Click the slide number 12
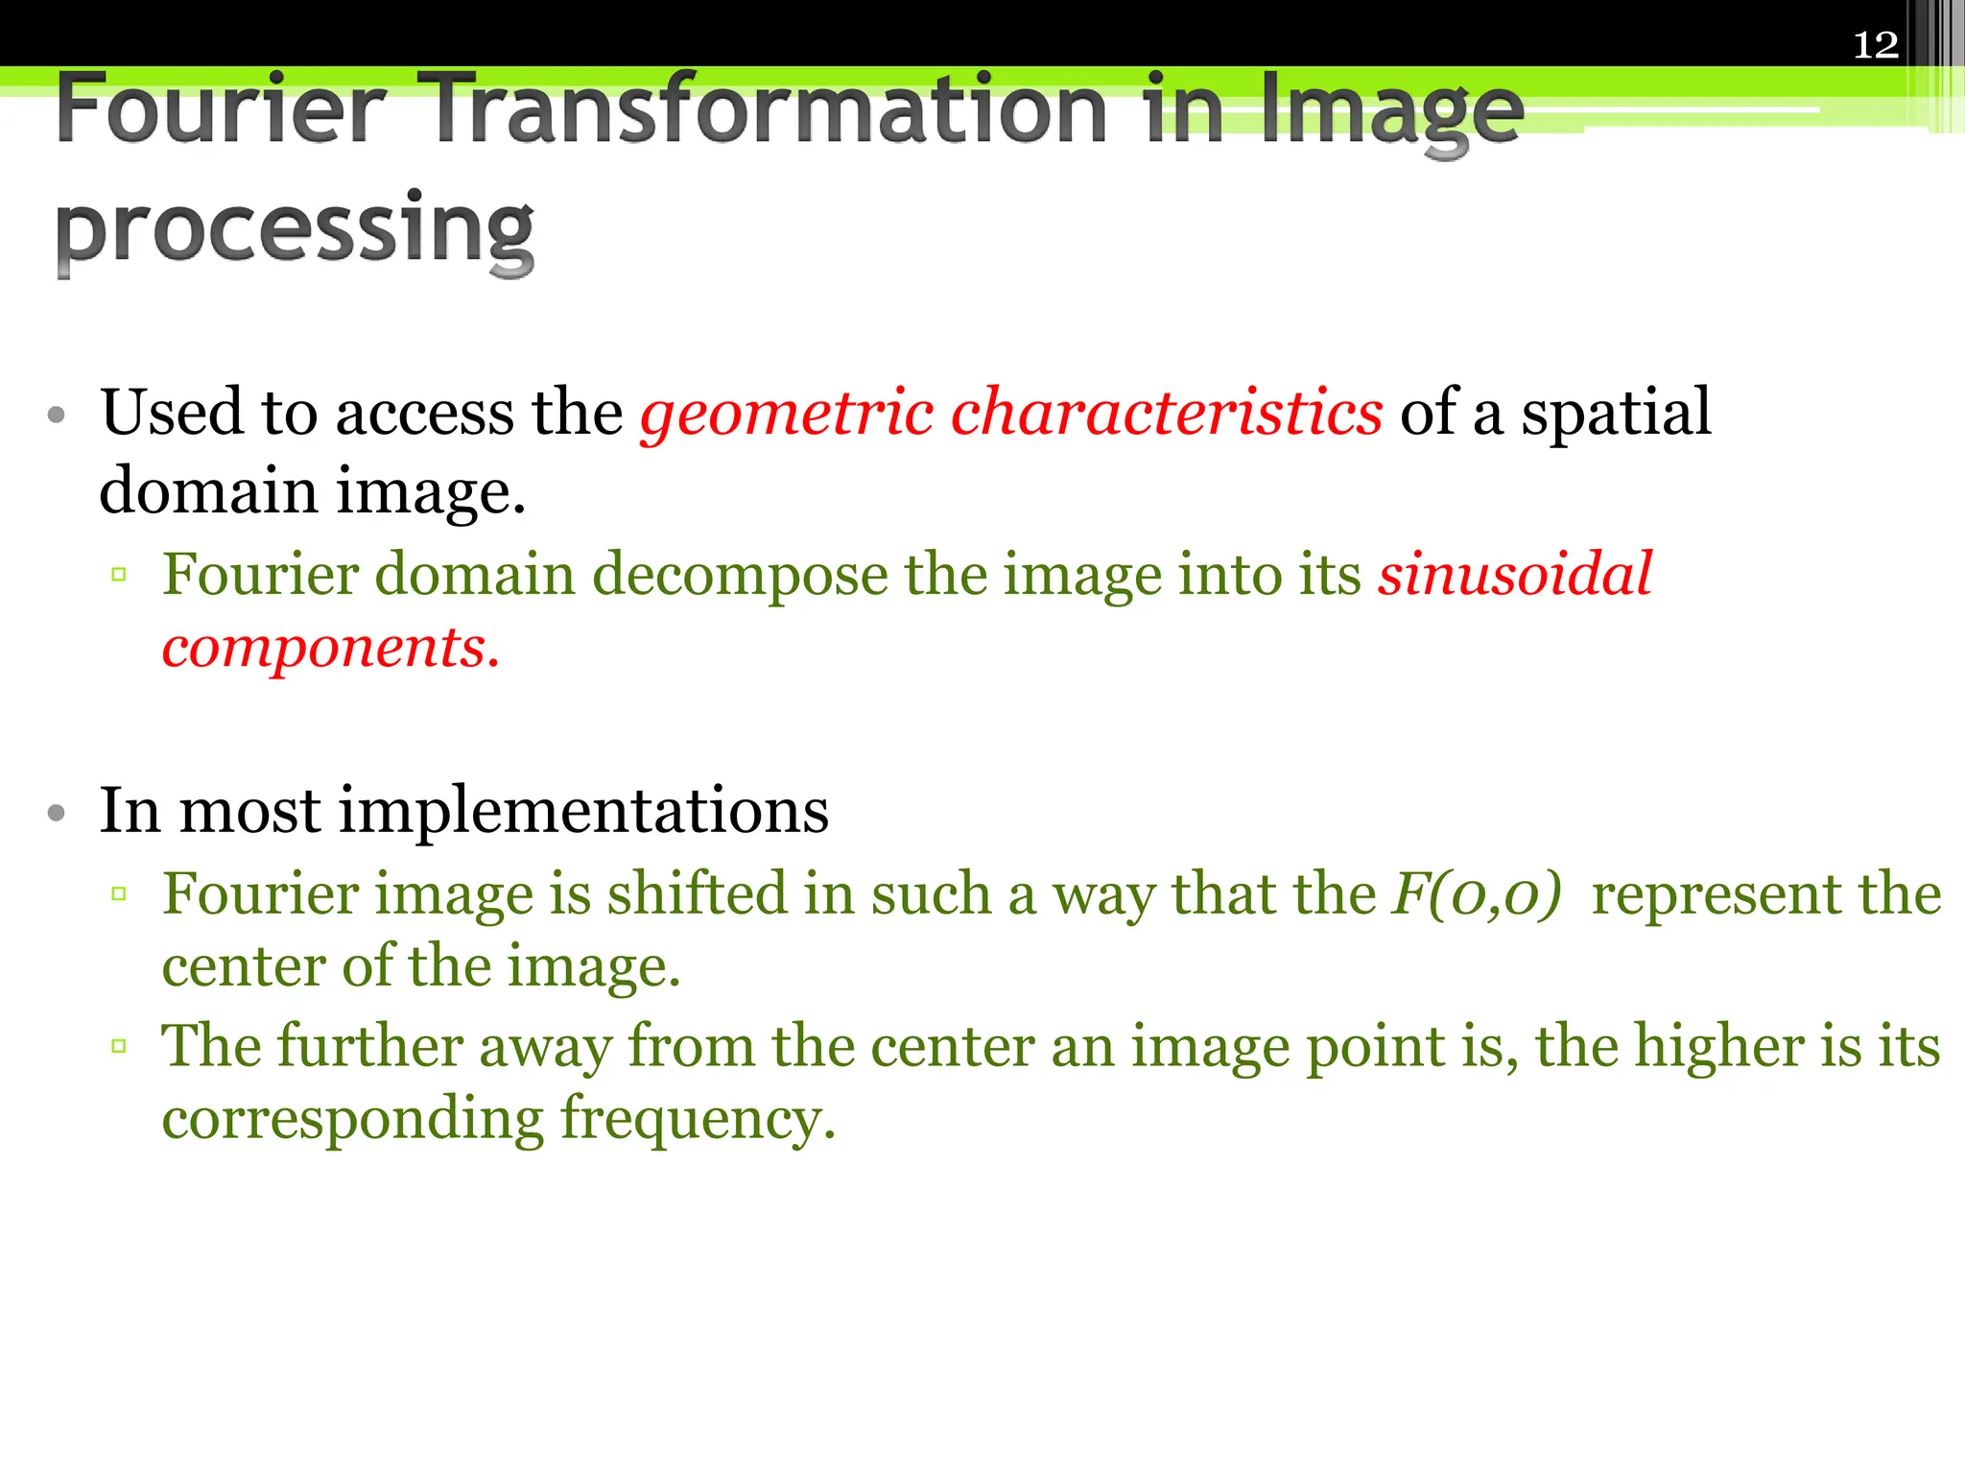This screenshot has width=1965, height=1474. [1876, 45]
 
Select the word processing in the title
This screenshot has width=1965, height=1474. [295, 230]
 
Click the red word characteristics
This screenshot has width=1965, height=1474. [1167, 412]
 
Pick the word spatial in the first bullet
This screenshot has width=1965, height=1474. [1616, 414]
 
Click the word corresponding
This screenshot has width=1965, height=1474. [352, 1119]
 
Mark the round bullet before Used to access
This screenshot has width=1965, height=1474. [57, 416]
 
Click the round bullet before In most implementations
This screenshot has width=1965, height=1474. [57, 814]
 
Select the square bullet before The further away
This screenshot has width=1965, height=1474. [119, 1046]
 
